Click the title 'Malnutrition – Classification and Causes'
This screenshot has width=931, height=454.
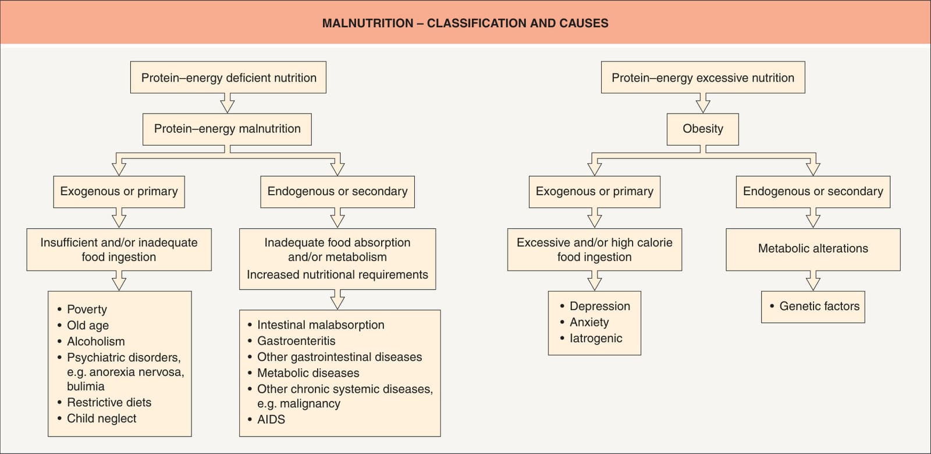465,23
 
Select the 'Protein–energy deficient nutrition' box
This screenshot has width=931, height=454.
228,78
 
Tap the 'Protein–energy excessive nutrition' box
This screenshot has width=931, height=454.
703,78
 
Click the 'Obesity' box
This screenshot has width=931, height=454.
703,129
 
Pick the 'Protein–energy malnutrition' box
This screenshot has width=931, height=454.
227,129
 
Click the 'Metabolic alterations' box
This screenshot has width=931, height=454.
813,249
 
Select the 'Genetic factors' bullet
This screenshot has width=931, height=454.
815,307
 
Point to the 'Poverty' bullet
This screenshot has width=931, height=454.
82,309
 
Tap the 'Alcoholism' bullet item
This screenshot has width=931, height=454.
91,341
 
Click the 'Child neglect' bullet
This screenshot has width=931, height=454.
97,418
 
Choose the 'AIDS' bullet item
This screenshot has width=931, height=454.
266,419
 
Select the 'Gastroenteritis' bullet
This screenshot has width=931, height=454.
292,341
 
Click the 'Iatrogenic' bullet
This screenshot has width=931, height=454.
591,339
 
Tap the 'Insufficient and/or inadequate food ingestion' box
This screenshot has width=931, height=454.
119,249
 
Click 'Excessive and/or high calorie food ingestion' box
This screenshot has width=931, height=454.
594,249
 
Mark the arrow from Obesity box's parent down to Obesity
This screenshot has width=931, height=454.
703,103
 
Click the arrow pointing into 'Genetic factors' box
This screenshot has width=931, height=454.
813,280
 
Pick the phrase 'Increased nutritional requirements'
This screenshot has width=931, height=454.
337,274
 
